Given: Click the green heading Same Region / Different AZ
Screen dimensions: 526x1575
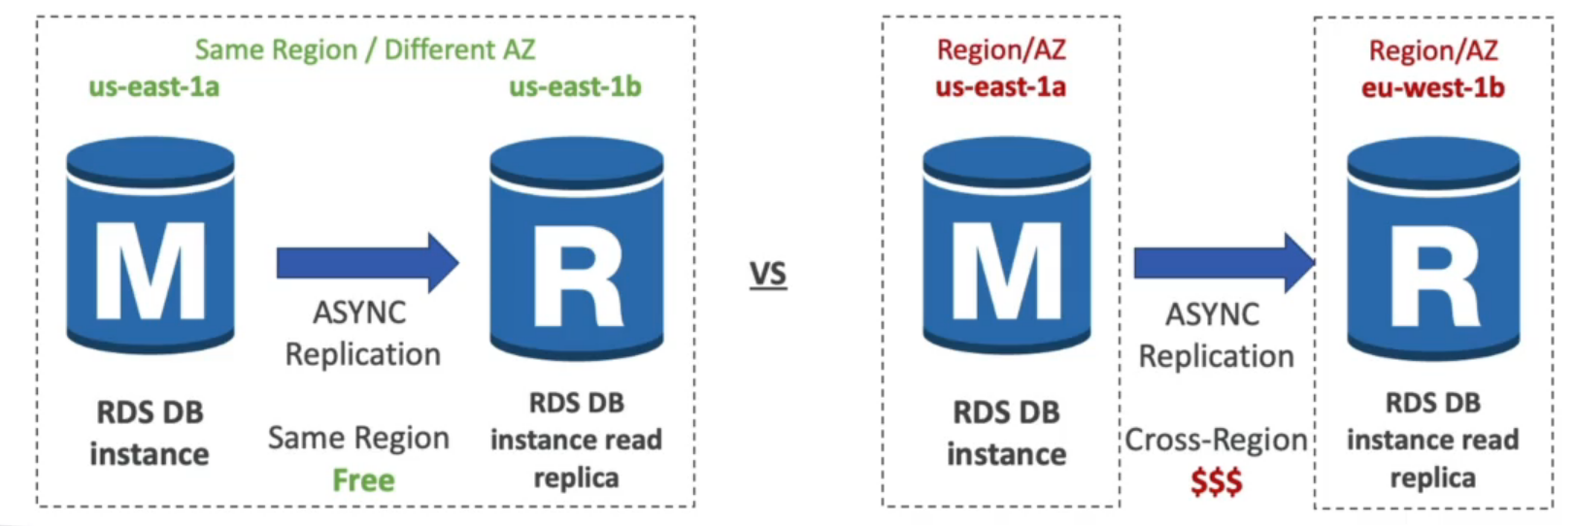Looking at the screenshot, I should tap(364, 49).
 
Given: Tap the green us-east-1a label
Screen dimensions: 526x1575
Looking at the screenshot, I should tap(153, 87).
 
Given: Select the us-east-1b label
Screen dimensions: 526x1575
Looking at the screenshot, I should tap(575, 87).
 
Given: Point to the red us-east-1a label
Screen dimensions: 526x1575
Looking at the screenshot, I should tap(1000, 87).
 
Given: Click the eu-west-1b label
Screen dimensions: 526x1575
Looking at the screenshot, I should tap(1432, 88).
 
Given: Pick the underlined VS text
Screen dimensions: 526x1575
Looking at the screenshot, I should tap(767, 275).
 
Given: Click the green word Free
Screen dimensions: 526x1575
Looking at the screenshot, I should tap(363, 480).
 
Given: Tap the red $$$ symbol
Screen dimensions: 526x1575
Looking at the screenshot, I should tap(1216, 481).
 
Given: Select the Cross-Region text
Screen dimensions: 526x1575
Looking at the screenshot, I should tap(1216, 441).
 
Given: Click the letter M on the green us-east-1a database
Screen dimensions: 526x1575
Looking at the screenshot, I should tap(151, 272).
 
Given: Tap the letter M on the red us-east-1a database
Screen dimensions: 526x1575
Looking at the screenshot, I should tap(1006, 272).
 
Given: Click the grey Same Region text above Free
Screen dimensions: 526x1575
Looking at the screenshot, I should tap(358, 439).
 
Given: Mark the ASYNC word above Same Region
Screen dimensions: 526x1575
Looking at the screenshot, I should tap(359, 313).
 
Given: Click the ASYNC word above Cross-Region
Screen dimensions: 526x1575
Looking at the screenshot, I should tap(1212, 314).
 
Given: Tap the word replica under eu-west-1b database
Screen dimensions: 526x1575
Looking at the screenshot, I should tap(1432, 478).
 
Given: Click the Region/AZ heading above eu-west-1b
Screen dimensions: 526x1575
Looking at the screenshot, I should tap(1432, 49).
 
